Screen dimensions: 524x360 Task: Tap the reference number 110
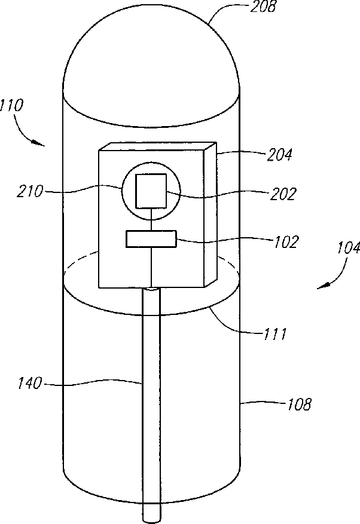pos(12,107)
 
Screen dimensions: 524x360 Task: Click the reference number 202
pos(283,195)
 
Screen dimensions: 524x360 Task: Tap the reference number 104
pos(347,248)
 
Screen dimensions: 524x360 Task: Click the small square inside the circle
pos(150,189)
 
